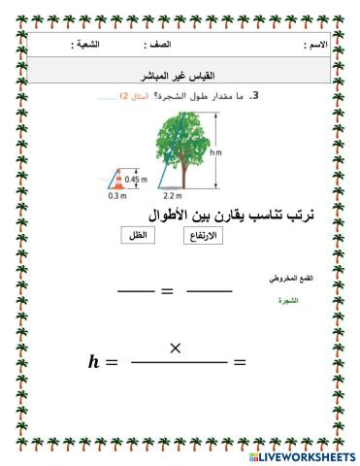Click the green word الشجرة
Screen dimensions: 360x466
(x=286, y=301)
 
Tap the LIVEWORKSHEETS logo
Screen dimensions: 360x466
(x=301, y=455)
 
